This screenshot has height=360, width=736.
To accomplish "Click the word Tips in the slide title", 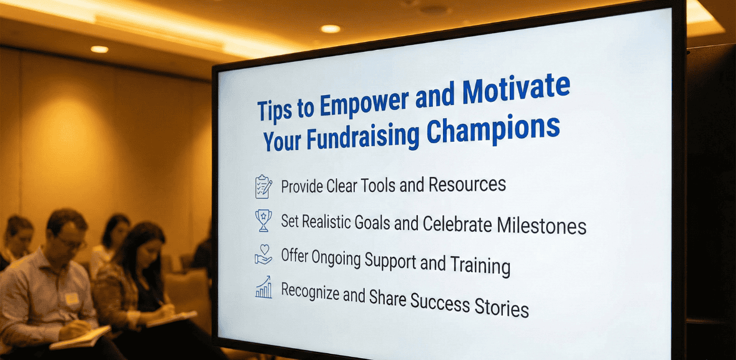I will click(274, 109).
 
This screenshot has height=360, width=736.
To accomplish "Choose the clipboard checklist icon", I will click(264, 186).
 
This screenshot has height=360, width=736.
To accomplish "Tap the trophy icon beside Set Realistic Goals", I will click(264, 221).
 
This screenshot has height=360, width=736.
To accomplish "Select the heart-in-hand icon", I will click(264, 254).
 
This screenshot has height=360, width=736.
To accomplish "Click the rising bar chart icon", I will click(264, 287).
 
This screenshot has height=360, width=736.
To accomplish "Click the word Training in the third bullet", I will click(480, 265).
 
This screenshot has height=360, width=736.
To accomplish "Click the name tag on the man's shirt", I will click(72, 299).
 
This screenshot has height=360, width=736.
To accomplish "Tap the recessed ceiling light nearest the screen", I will click(331, 29).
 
